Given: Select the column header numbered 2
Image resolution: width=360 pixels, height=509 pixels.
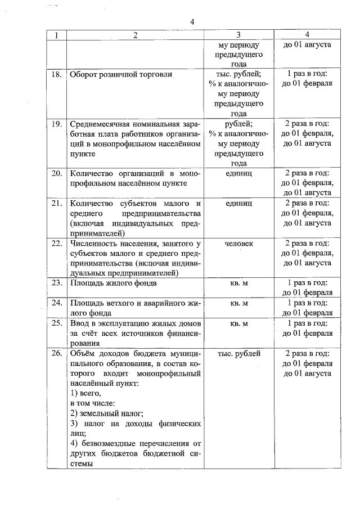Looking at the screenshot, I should (x=135, y=35).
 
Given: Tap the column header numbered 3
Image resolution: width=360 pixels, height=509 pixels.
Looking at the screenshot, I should (x=238, y=35).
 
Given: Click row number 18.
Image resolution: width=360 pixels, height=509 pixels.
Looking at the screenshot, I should (x=57, y=74).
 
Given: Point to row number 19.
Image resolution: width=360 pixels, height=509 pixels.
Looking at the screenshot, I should (x=57, y=124).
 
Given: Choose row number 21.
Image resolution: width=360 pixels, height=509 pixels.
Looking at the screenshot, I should (x=57, y=203).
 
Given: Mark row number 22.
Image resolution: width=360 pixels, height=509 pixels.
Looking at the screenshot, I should (x=57, y=244).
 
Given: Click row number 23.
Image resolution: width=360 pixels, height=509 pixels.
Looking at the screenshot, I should (x=57, y=283).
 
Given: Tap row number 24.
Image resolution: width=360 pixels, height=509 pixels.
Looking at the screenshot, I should (x=57, y=303).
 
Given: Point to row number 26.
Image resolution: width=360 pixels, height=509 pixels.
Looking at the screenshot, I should (x=57, y=354).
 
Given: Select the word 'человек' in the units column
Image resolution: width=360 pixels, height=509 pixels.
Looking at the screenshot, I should (x=238, y=244).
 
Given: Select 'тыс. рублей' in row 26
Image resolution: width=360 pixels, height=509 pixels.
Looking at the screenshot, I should (x=238, y=354).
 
